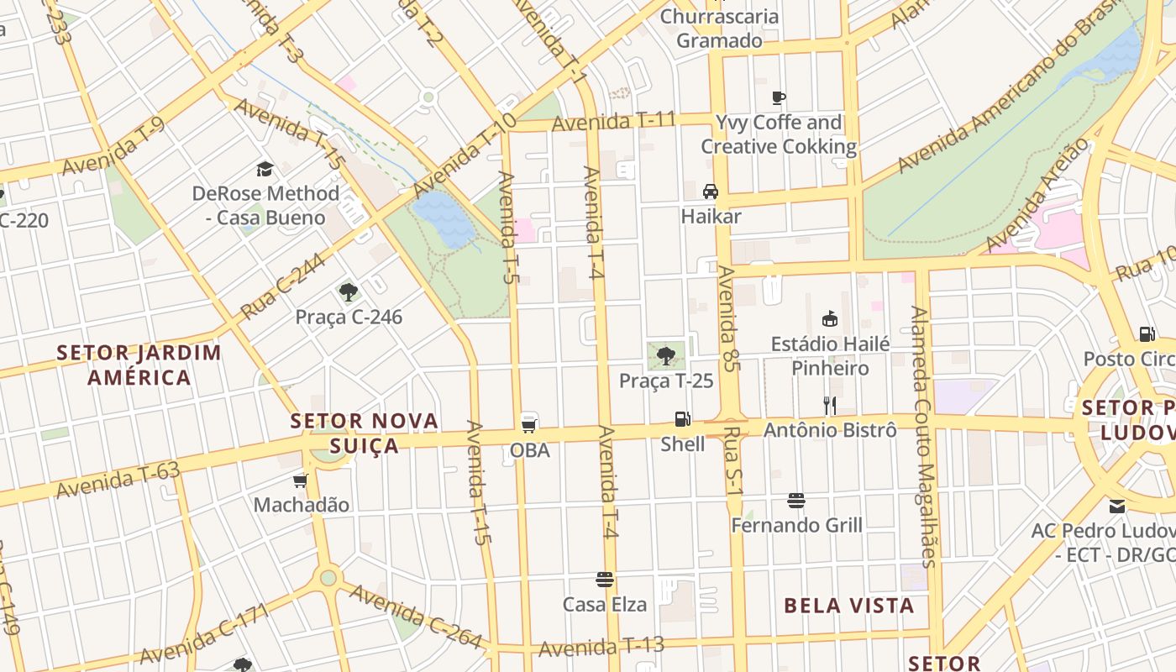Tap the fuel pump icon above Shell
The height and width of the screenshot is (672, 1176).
coord(683,418)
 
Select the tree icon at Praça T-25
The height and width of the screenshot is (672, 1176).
coord(666,355)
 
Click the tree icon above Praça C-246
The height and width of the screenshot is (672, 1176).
coord(349,292)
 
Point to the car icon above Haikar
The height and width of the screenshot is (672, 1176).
coord(711,192)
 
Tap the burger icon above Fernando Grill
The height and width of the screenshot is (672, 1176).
coord(796,501)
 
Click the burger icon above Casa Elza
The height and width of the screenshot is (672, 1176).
coord(604,580)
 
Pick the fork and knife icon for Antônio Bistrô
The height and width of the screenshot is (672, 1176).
coord(830,406)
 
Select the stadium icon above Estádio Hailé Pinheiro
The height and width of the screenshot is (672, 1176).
coord(830,318)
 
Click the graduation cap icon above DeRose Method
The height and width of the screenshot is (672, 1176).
coord(265,169)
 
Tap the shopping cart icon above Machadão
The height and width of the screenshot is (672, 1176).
coord(301,480)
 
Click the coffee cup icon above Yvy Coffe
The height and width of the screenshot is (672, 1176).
coord(779,97)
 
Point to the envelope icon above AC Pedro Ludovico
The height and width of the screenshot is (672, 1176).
coord(1117,506)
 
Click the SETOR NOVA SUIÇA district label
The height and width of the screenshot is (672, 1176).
coord(365,433)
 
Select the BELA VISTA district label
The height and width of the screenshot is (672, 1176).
coord(848,606)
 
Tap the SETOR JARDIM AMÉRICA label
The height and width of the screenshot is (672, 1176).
coord(139,365)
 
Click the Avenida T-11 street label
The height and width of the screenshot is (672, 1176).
coord(613,122)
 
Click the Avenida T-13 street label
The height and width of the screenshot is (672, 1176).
coord(601,647)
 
